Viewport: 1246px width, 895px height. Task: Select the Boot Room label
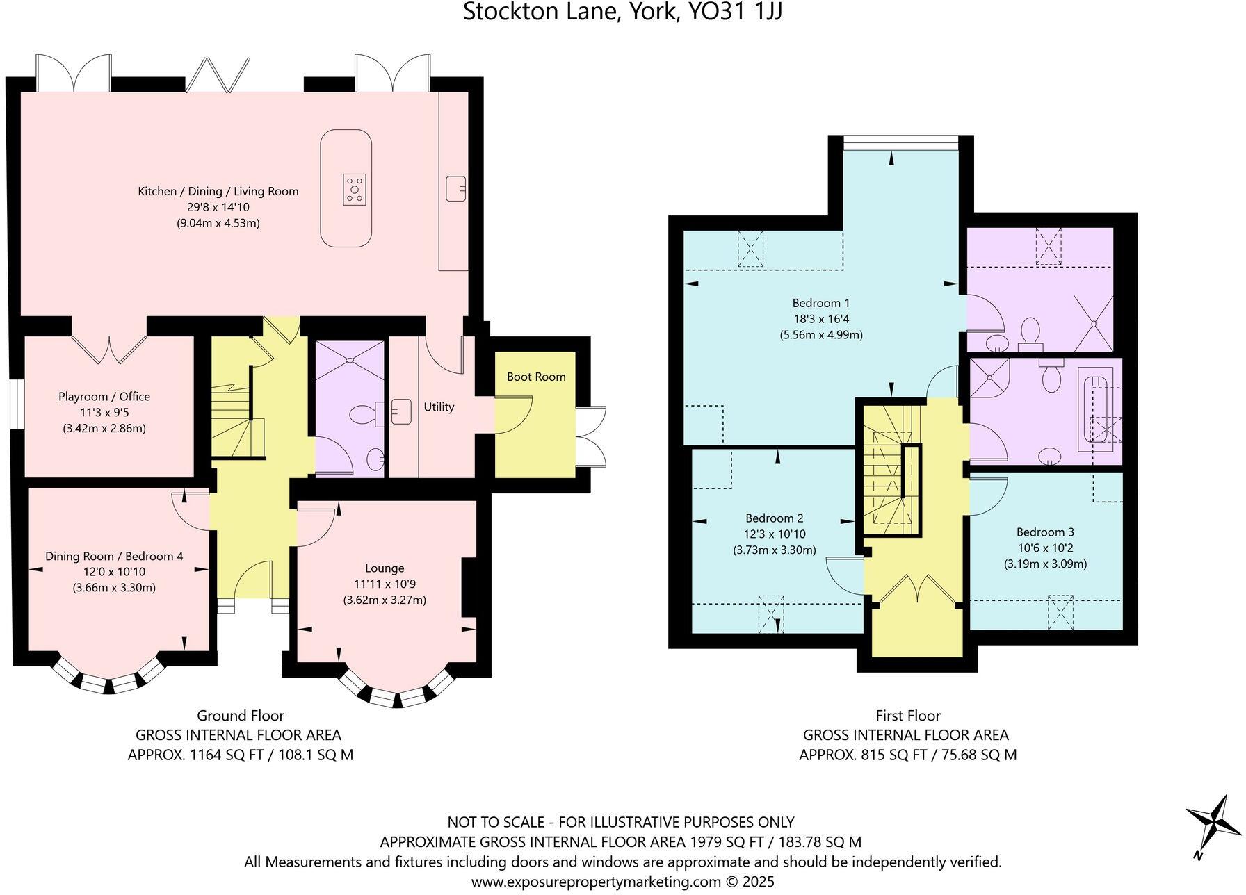click(536, 377)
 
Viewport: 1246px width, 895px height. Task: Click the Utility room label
click(439, 407)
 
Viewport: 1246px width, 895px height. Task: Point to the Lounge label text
click(385, 568)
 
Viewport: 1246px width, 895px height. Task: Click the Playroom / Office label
click(104, 397)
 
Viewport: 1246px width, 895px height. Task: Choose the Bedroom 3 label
click(1045, 532)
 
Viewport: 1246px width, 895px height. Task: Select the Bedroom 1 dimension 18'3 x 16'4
click(821, 319)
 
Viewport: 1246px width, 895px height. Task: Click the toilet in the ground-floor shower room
click(364, 415)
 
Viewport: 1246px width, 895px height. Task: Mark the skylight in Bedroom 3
click(1060, 611)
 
